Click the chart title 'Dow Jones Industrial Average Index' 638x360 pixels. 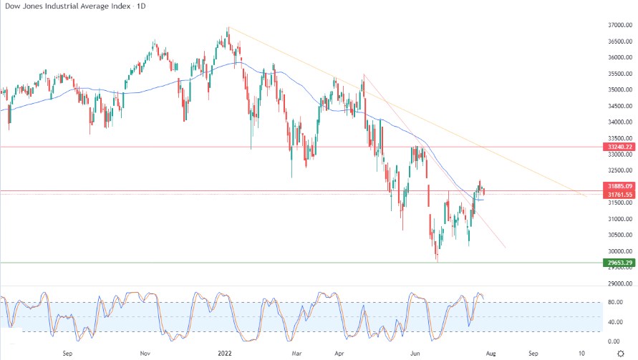(68, 6)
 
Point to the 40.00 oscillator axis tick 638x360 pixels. (614, 322)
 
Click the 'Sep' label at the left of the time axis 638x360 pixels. (66, 353)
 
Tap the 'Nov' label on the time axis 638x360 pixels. (145, 353)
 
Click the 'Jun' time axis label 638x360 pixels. (414, 353)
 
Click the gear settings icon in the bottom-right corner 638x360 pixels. (620, 353)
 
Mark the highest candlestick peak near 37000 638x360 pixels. (228, 29)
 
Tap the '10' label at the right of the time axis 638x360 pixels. (581, 353)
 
